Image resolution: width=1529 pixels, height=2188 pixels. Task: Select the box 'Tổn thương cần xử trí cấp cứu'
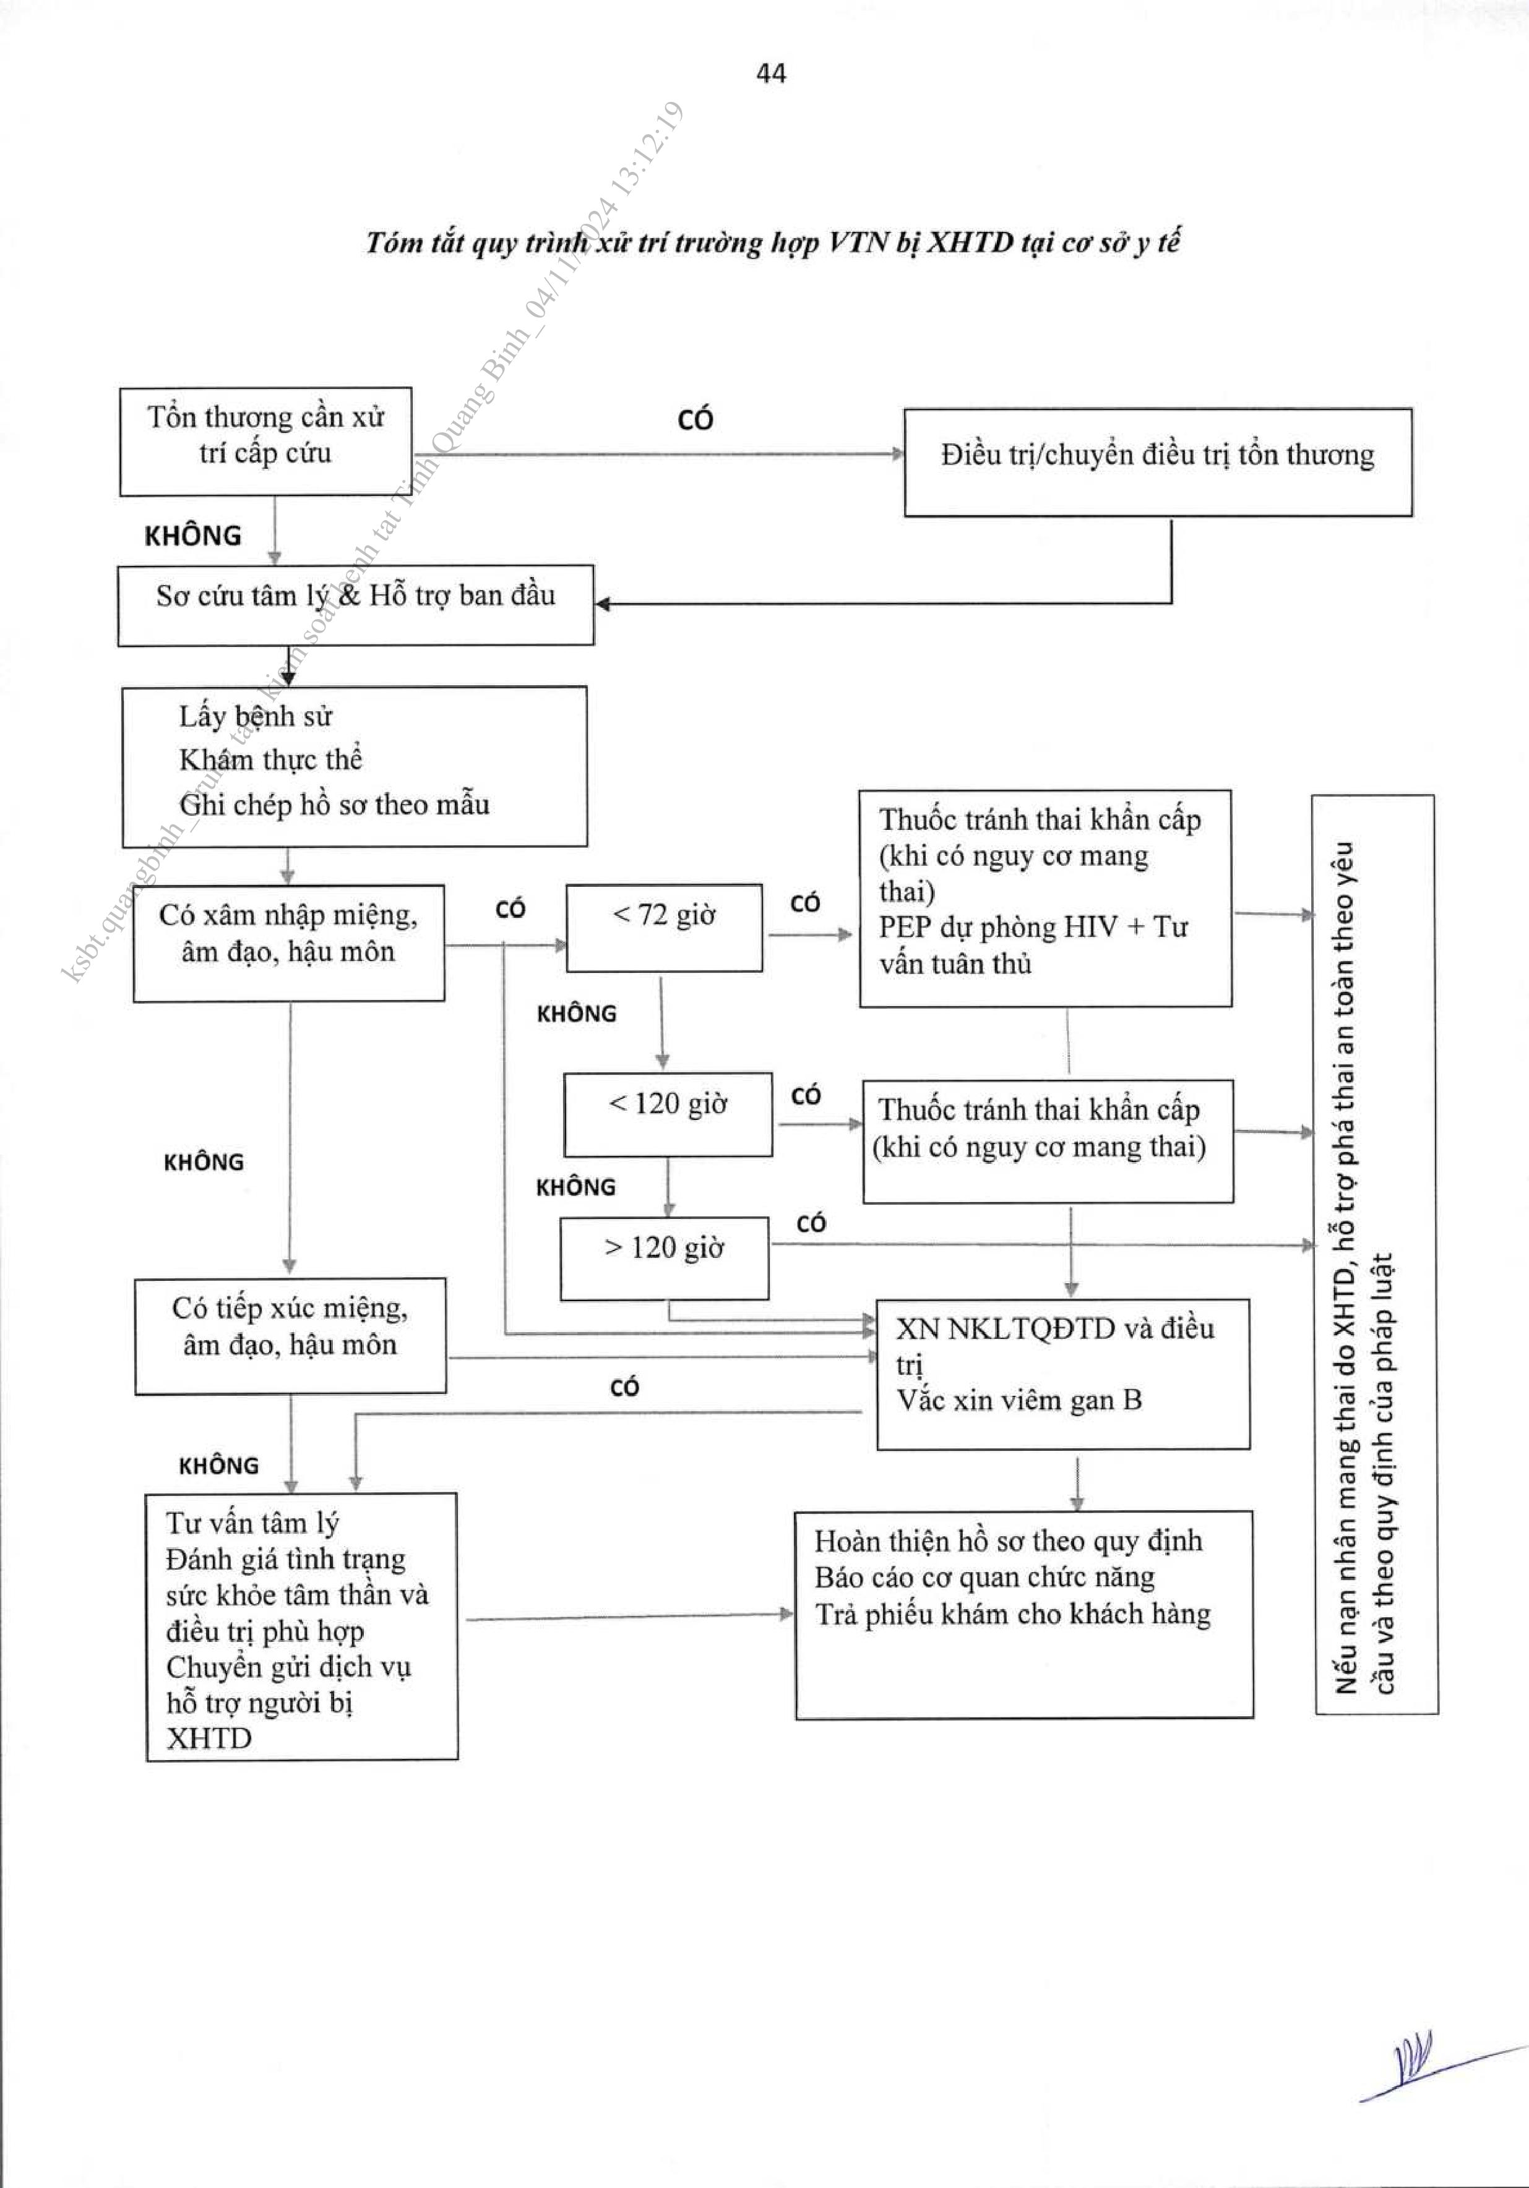point(265,440)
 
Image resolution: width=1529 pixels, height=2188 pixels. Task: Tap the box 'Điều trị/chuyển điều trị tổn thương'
point(1157,462)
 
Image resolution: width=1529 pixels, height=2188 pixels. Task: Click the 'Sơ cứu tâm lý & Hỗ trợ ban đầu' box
point(356,604)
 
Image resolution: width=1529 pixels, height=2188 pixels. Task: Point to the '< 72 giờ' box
point(663,927)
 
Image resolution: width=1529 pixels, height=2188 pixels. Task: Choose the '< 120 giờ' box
point(667,1114)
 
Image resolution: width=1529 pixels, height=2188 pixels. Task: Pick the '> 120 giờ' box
point(665,1257)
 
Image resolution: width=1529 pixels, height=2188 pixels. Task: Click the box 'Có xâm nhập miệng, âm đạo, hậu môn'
point(288,942)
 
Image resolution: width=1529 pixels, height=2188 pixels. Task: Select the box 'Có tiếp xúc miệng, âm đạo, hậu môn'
point(290,1335)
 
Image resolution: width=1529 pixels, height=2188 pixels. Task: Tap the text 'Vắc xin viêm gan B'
point(1018,1400)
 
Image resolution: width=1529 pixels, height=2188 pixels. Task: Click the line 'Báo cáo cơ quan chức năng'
point(984,1577)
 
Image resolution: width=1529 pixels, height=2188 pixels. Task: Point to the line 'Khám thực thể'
point(271,759)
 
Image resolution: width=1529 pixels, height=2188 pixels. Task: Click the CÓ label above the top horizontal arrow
point(695,419)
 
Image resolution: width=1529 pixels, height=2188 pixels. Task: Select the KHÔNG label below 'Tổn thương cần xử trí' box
point(192,536)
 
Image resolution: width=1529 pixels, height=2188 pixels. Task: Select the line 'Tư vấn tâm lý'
point(252,1523)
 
